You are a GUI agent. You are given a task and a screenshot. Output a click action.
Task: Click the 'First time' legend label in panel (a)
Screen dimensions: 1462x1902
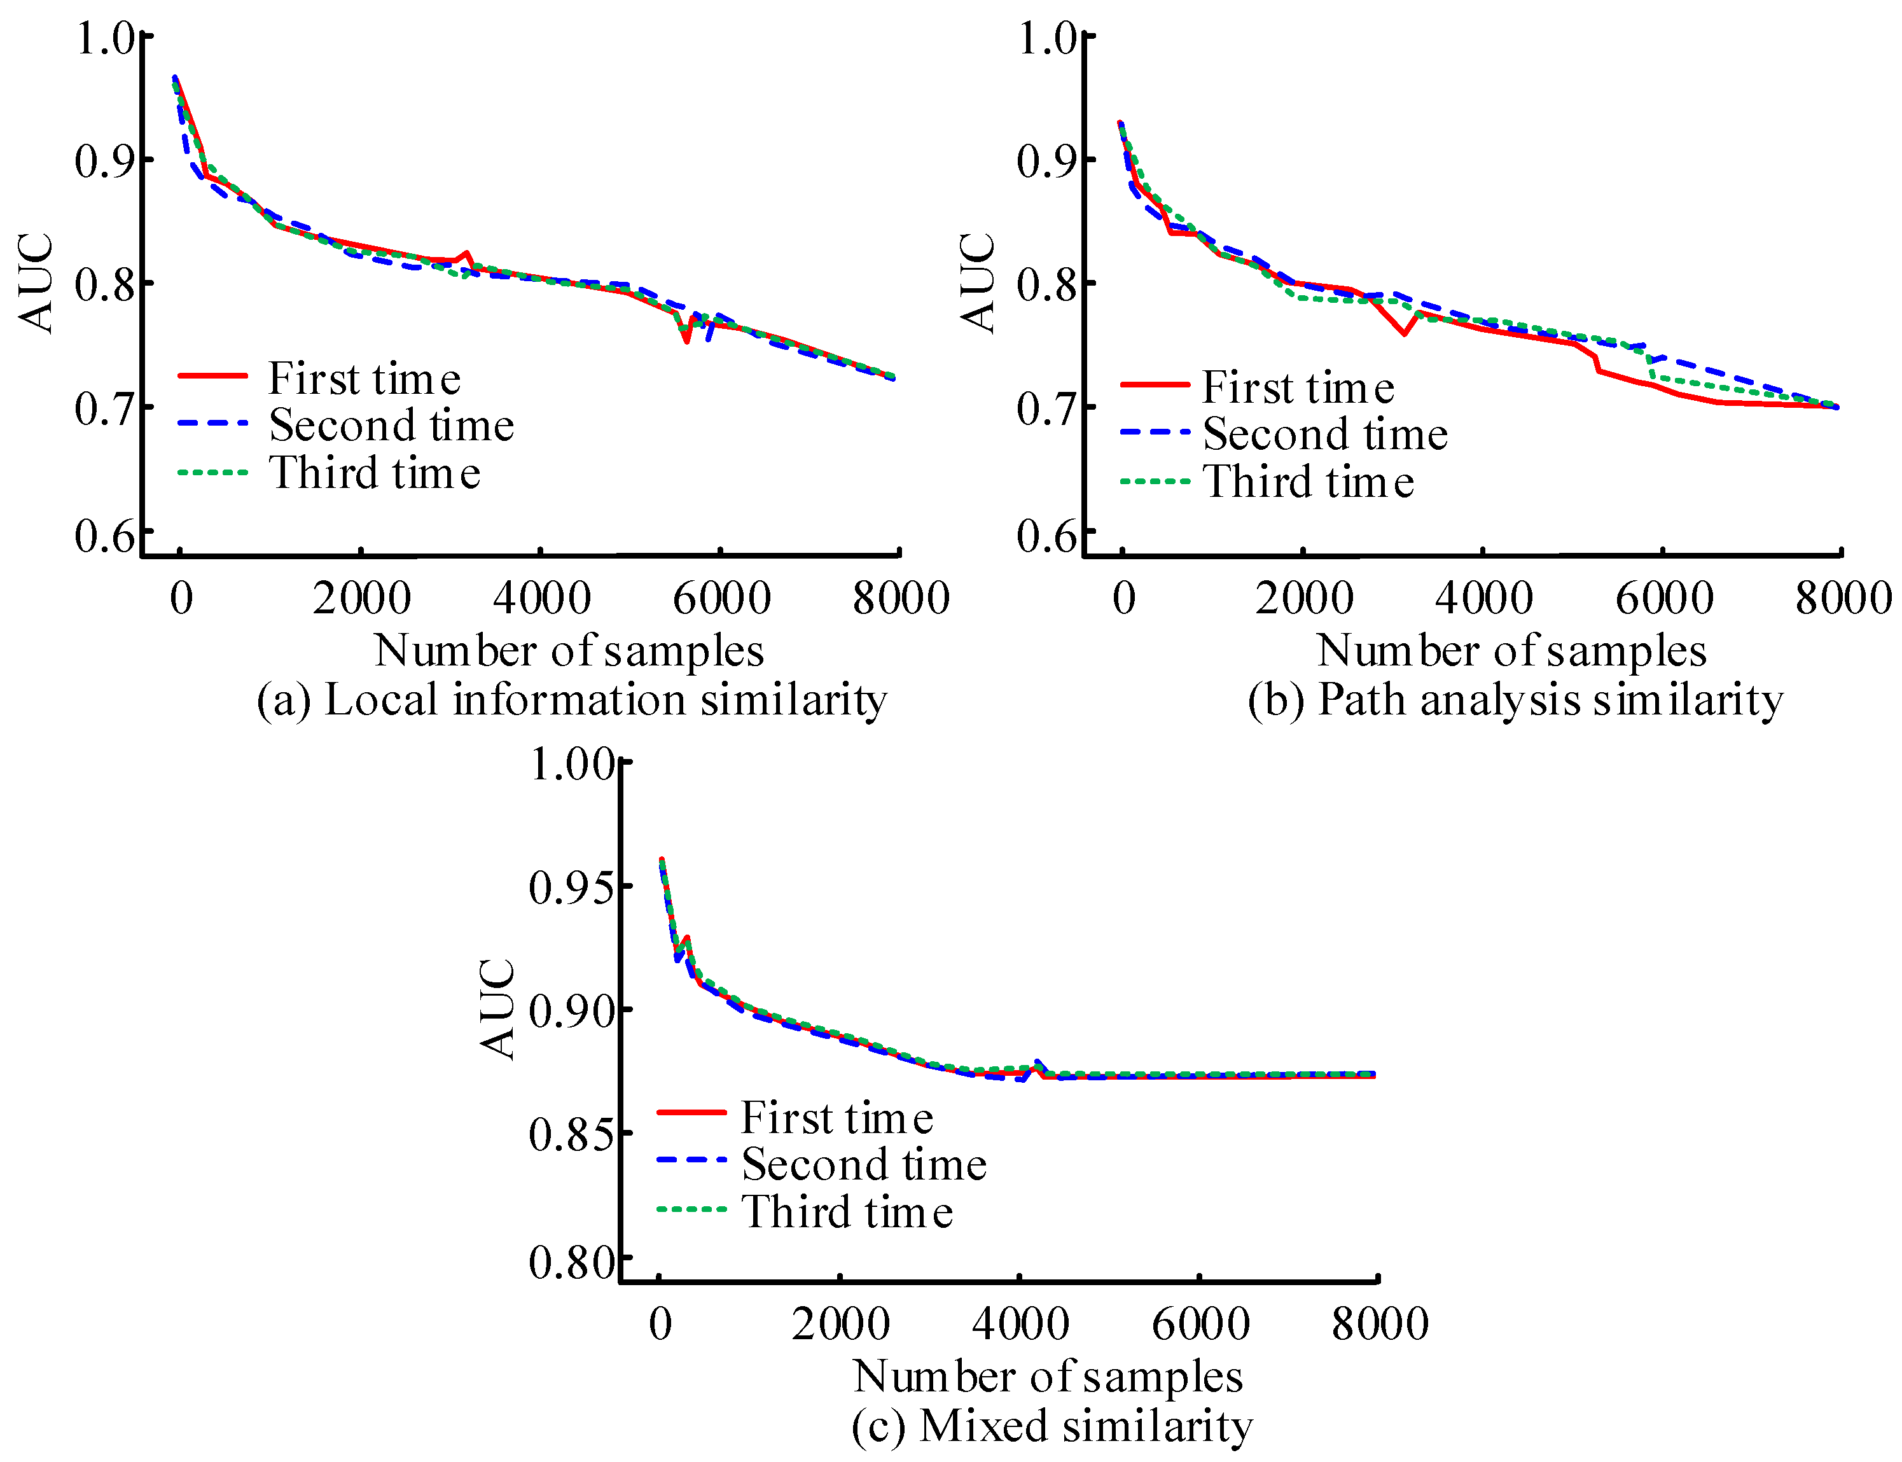coord(364,379)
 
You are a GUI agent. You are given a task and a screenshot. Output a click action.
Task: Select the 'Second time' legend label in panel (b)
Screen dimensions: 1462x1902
coord(1324,433)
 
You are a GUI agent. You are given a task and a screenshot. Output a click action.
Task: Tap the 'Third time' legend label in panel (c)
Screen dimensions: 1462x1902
coord(847,1211)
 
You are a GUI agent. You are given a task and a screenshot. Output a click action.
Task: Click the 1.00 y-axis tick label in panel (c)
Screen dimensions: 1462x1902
coord(571,764)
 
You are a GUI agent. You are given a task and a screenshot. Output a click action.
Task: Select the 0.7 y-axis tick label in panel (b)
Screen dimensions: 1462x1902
coord(1046,409)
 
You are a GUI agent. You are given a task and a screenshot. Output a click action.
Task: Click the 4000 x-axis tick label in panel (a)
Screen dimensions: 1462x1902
coord(541,599)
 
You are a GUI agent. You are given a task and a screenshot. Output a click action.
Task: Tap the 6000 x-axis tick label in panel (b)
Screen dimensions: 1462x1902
coord(1663,599)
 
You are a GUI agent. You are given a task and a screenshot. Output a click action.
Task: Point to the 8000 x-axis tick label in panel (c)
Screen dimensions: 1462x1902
coord(1380,1325)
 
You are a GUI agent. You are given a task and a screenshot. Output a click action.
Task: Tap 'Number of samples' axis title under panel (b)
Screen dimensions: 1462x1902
coord(1511,651)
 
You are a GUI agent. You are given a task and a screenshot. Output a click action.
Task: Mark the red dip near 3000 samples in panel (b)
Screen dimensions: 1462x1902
coord(1403,333)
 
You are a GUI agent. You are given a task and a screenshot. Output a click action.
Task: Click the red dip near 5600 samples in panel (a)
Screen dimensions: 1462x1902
coord(686,341)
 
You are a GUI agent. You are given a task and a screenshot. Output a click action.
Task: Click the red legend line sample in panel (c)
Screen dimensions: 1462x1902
coord(691,1112)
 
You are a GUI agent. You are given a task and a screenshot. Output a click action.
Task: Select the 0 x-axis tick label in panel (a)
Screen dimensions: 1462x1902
coord(181,599)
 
